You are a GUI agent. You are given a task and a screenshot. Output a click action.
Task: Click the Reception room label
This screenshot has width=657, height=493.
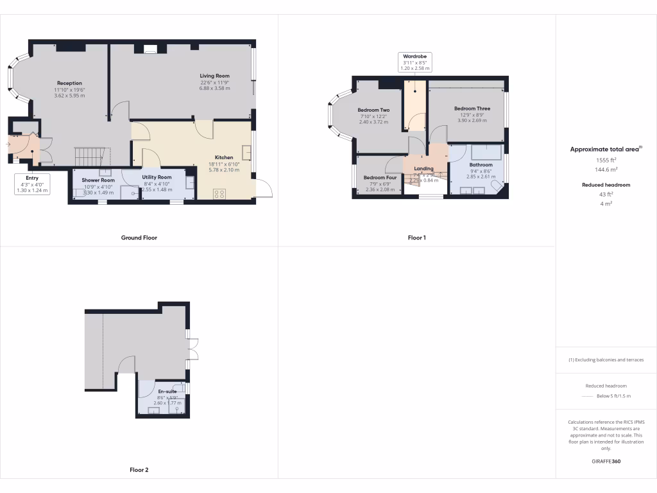click(69, 83)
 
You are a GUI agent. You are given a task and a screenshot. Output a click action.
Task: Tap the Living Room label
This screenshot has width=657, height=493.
click(214, 76)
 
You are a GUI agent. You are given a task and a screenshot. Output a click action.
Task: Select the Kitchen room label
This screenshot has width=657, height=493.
click(224, 157)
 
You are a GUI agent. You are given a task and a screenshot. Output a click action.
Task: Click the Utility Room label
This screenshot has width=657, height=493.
click(157, 177)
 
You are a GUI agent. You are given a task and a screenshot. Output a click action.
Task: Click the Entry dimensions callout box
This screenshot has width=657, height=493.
click(32, 184)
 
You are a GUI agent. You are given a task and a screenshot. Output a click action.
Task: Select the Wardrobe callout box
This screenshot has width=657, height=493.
click(415, 62)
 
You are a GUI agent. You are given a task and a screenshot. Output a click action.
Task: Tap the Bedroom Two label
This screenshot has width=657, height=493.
click(373, 110)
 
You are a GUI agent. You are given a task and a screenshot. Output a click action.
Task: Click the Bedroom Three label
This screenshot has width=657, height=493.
click(472, 108)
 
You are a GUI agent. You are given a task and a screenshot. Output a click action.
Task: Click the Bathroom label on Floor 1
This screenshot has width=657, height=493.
click(480, 165)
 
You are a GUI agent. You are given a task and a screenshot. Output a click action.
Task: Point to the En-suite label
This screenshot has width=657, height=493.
click(167, 391)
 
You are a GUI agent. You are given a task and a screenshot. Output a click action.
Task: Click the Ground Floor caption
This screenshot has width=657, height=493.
click(139, 238)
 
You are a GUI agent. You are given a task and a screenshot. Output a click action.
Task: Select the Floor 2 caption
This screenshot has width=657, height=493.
click(139, 470)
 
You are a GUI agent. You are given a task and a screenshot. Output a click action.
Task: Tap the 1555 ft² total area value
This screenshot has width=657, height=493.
click(606, 160)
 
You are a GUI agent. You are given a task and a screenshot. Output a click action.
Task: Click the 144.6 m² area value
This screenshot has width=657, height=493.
click(606, 170)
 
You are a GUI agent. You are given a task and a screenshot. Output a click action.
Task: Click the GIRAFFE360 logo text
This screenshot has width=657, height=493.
click(606, 462)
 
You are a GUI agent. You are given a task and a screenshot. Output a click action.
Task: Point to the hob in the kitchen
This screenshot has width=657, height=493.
click(219, 193)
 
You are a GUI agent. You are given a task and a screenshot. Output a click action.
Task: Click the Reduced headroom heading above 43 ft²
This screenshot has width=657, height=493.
click(606, 185)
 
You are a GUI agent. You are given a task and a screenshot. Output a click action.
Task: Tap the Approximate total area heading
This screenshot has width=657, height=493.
click(605, 149)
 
